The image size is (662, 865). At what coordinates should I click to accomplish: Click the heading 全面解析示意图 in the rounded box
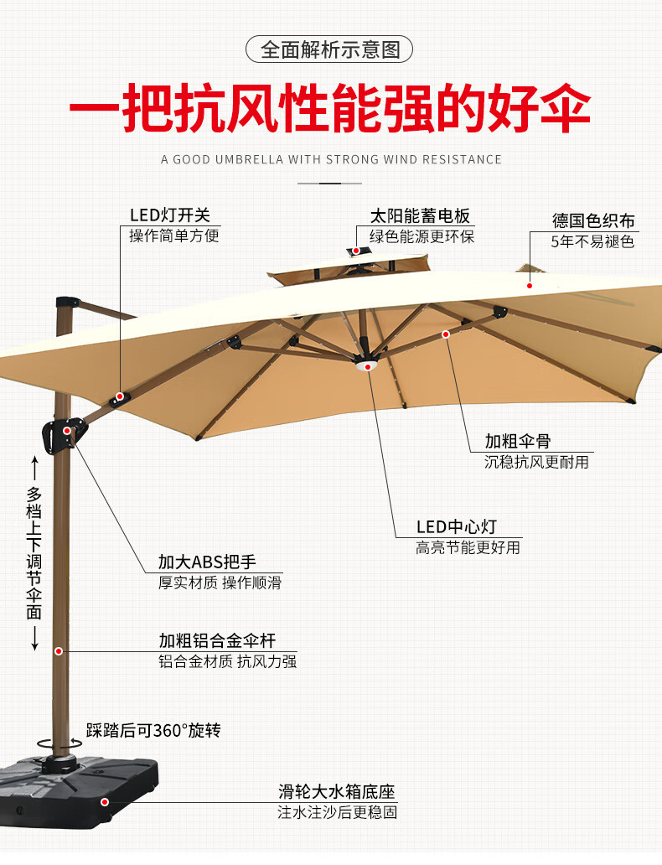point(330,49)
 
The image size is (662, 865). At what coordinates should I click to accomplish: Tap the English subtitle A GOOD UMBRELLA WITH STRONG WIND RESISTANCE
point(331,159)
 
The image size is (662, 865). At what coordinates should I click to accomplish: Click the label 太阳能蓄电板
point(421,215)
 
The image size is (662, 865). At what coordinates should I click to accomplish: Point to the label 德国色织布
point(593,221)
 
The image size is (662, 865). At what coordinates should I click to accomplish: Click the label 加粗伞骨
point(518,441)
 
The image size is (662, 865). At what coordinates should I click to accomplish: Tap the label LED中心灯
point(457,526)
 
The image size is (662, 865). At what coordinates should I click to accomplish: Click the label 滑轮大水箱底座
point(337,791)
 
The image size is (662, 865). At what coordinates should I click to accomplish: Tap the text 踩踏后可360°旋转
point(153,731)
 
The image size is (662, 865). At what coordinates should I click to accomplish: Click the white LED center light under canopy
point(365,365)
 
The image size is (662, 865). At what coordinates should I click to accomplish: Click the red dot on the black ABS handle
point(67,431)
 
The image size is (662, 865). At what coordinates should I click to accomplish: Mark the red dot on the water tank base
point(105,802)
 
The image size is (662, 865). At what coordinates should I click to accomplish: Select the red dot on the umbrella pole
point(59,650)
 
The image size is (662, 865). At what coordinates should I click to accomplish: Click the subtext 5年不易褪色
point(592,242)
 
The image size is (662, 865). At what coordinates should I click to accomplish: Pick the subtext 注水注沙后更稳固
point(337,812)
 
